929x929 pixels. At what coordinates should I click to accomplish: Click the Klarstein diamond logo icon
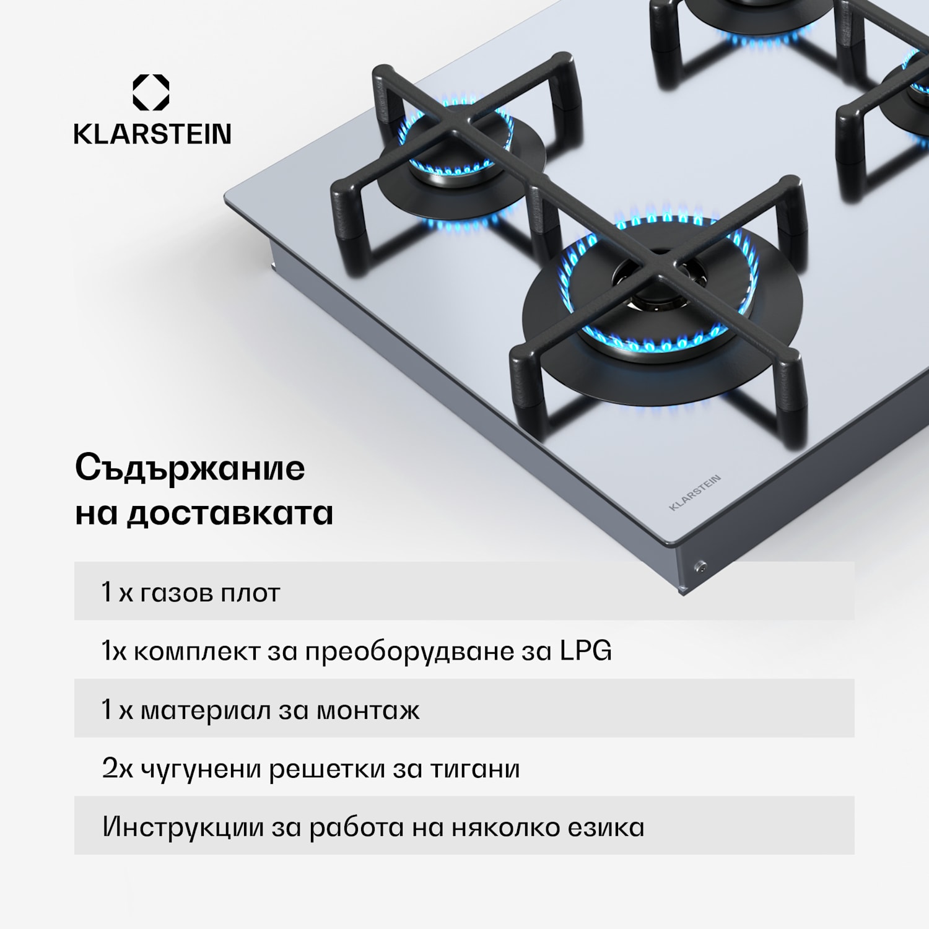[x=151, y=92]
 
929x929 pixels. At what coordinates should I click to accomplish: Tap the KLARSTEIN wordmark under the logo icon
[x=152, y=134]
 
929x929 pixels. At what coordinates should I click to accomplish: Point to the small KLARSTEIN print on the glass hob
[x=695, y=492]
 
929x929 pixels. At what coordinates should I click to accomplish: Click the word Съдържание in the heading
[x=190, y=468]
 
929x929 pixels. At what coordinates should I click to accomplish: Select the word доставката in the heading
[x=230, y=513]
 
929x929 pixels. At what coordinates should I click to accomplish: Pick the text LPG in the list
[x=585, y=651]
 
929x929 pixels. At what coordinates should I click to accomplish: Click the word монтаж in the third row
[x=368, y=710]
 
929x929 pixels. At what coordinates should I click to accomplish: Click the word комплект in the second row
[x=196, y=652]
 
